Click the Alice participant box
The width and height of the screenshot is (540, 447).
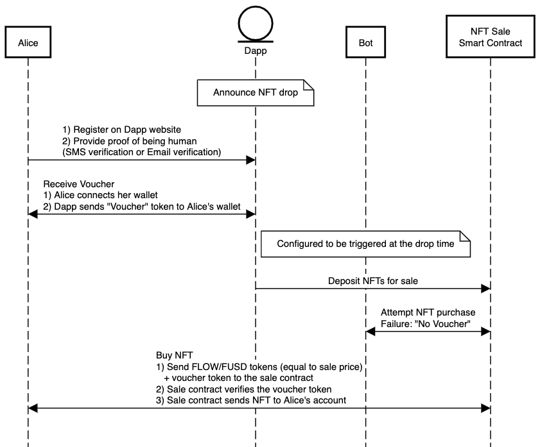point(28,44)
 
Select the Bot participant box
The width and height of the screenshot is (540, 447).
point(365,44)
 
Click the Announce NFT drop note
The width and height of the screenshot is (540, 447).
point(256,92)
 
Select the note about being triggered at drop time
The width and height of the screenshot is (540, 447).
point(365,244)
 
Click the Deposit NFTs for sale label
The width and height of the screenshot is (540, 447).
point(373,280)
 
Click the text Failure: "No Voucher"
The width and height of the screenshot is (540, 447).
point(427,323)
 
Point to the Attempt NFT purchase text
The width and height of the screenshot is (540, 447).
point(428,312)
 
